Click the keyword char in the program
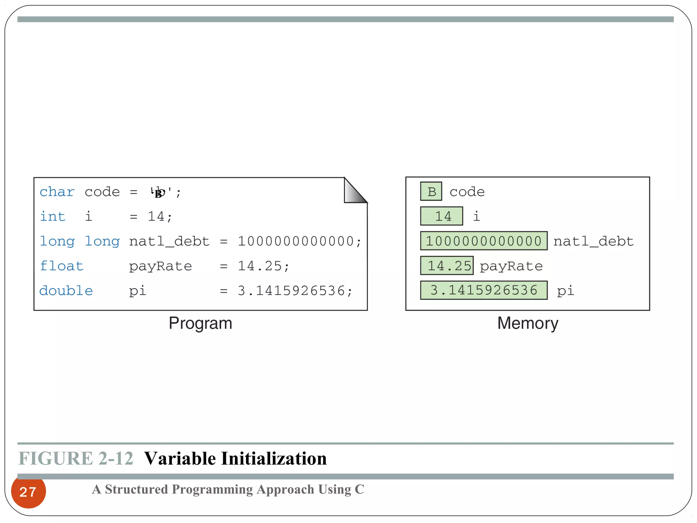click(57, 192)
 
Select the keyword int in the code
click(52, 217)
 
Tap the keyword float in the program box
click(62, 266)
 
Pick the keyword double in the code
click(66, 291)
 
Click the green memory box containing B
click(431, 192)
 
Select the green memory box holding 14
click(441, 216)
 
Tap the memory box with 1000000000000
click(484, 241)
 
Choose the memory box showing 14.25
click(447, 266)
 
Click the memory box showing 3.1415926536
click(484, 290)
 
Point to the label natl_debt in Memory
click(594, 241)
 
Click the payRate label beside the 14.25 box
click(511, 266)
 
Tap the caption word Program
click(200, 323)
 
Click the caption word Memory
click(528, 323)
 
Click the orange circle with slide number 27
click(28, 492)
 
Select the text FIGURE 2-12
click(76, 458)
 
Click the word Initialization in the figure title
click(274, 458)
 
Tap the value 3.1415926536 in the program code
click(291, 291)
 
